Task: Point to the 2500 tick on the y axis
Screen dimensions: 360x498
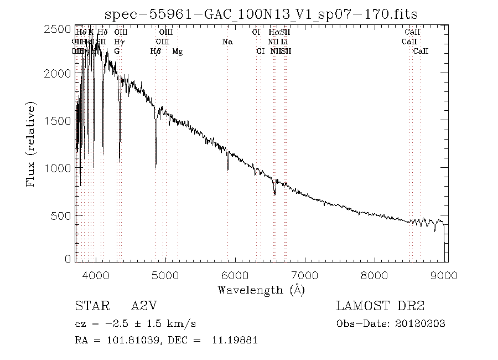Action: pyautogui.click(x=57, y=29)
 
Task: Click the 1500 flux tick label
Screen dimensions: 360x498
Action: pyautogui.click(x=57, y=121)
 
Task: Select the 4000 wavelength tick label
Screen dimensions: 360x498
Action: pyautogui.click(x=96, y=275)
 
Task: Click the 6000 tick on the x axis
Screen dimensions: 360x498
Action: pyautogui.click(x=235, y=275)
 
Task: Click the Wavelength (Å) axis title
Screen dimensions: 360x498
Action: pyautogui.click(x=261, y=290)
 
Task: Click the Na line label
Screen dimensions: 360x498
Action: pyautogui.click(x=227, y=42)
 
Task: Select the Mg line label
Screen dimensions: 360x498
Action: pyautogui.click(x=178, y=52)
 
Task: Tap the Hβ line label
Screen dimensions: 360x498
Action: pyautogui.click(x=155, y=52)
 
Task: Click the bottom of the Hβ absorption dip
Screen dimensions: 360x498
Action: pyautogui.click(x=155, y=166)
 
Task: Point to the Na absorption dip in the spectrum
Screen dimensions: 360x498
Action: pyautogui.click(x=227, y=169)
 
